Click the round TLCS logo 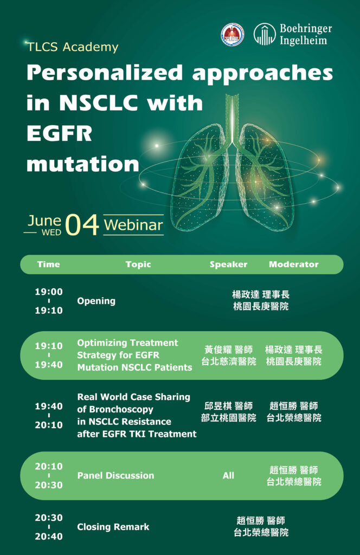(x=233, y=35)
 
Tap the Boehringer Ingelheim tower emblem (x=265, y=34)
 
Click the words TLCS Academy (x=73, y=47)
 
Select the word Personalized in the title (x=105, y=74)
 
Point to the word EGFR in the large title (x=60, y=133)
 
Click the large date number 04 (x=82, y=225)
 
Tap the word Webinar (x=133, y=225)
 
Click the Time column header (x=48, y=264)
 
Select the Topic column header (x=138, y=264)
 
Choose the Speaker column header (x=228, y=264)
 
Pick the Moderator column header (x=293, y=264)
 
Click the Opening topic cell (x=97, y=301)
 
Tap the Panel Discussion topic (x=115, y=475)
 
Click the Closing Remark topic (x=113, y=527)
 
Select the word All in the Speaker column (x=228, y=475)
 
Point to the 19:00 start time (x=48, y=292)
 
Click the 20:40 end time (x=48, y=536)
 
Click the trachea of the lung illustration (x=232, y=118)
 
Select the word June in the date (x=44, y=221)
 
